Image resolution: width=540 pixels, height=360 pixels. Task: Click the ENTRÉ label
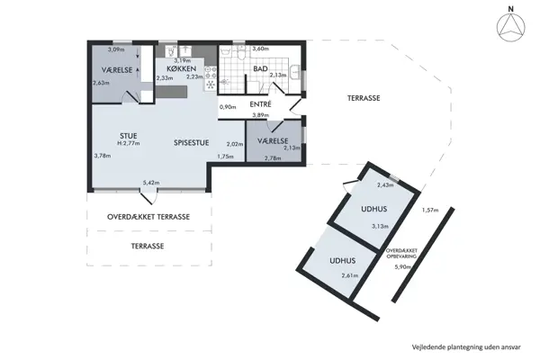[x=260, y=104]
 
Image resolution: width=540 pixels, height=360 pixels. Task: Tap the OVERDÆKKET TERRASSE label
[x=148, y=217]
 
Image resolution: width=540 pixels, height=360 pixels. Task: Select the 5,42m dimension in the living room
[x=150, y=184]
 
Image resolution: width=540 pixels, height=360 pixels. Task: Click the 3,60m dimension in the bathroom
[x=261, y=49]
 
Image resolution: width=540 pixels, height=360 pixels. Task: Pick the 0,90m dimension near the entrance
[x=229, y=107]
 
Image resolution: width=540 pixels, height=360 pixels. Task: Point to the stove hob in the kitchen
[x=211, y=77]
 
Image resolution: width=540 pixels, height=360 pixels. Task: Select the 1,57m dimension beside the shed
[x=429, y=210]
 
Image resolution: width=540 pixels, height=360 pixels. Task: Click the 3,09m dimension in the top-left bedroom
[x=116, y=49]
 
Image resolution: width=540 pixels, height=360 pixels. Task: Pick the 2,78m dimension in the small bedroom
[x=274, y=158]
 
